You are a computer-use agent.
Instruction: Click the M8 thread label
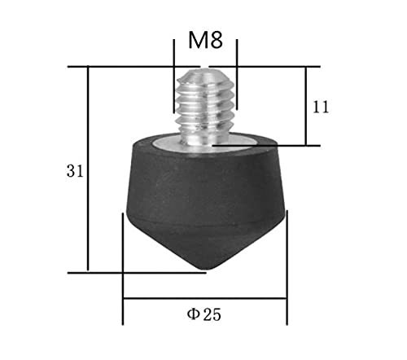pos(205,40)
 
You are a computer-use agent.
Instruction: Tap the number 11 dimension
pos(321,107)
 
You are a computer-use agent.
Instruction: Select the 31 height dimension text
pos(75,171)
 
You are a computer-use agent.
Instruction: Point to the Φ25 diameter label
pos(204,314)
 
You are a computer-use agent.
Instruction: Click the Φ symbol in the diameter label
pos(194,314)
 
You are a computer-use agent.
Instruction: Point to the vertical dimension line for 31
pos(88,169)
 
